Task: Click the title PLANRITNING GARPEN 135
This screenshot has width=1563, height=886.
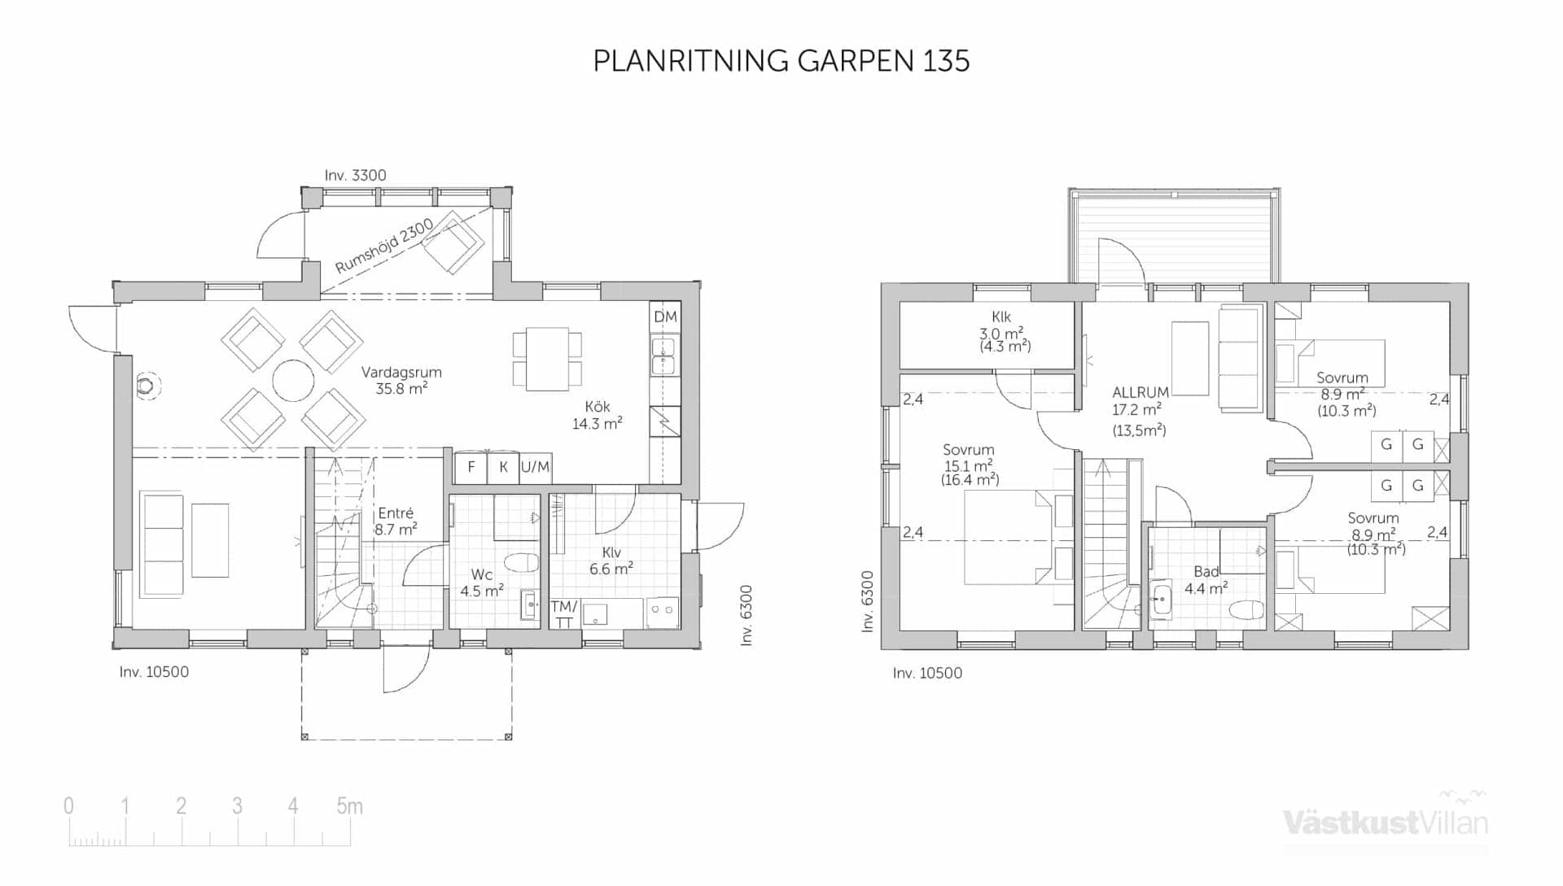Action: (x=781, y=61)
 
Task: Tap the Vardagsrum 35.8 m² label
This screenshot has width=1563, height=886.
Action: (x=401, y=380)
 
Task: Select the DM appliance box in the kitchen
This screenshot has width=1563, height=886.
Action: (x=665, y=316)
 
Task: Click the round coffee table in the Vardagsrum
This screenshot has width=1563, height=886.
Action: (x=293, y=380)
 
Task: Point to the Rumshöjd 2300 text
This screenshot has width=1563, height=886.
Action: (x=383, y=246)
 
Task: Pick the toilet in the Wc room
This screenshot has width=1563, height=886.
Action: (x=522, y=562)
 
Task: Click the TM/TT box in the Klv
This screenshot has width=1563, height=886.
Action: (x=563, y=613)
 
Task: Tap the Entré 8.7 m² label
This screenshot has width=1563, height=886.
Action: (x=396, y=521)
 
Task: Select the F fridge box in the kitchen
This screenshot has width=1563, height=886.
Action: (x=471, y=467)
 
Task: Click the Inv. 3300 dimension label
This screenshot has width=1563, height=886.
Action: (x=355, y=175)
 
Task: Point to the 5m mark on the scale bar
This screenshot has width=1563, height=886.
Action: (x=349, y=805)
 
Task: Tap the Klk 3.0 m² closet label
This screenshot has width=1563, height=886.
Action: (x=1003, y=333)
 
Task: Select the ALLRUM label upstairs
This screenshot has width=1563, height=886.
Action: (x=1140, y=392)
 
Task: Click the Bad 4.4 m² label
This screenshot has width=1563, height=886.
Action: (x=1206, y=580)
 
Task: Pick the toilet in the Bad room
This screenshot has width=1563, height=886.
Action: (x=1246, y=609)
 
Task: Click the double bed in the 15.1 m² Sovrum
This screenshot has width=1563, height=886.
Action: (x=1009, y=537)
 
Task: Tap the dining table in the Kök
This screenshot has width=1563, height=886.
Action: (x=547, y=358)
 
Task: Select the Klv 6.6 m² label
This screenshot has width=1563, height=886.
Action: (x=611, y=561)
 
